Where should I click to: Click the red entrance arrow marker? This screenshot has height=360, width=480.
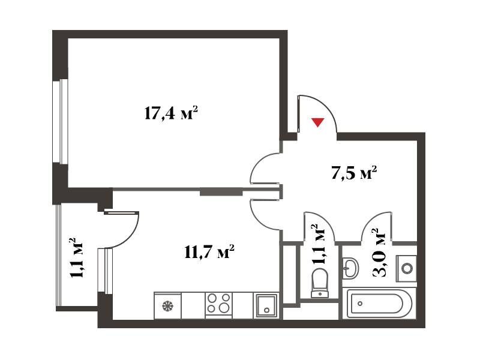click(318, 122)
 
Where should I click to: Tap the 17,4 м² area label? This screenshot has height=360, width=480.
click(170, 113)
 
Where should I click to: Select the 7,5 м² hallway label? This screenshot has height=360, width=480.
click(353, 173)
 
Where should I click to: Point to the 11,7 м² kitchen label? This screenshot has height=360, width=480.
click(209, 252)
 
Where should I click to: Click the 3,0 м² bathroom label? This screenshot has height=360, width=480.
click(379, 253)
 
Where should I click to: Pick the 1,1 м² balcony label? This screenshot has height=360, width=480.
click(77, 257)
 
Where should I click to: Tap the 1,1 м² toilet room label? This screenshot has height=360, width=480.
click(319, 244)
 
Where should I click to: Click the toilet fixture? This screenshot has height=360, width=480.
click(320, 283)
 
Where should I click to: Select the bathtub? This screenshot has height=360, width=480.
click(377, 304)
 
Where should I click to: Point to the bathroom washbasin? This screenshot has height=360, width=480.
click(350, 268)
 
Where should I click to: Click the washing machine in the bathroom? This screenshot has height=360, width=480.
click(407, 268)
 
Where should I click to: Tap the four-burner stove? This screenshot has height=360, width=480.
click(218, 303)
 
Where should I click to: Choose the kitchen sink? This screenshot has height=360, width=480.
click(266, 305)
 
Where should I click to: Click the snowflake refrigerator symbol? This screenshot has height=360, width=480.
click(168, 305)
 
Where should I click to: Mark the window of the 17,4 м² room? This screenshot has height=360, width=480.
click(61, 122)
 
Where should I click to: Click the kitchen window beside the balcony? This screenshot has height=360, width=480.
click(106, 271)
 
